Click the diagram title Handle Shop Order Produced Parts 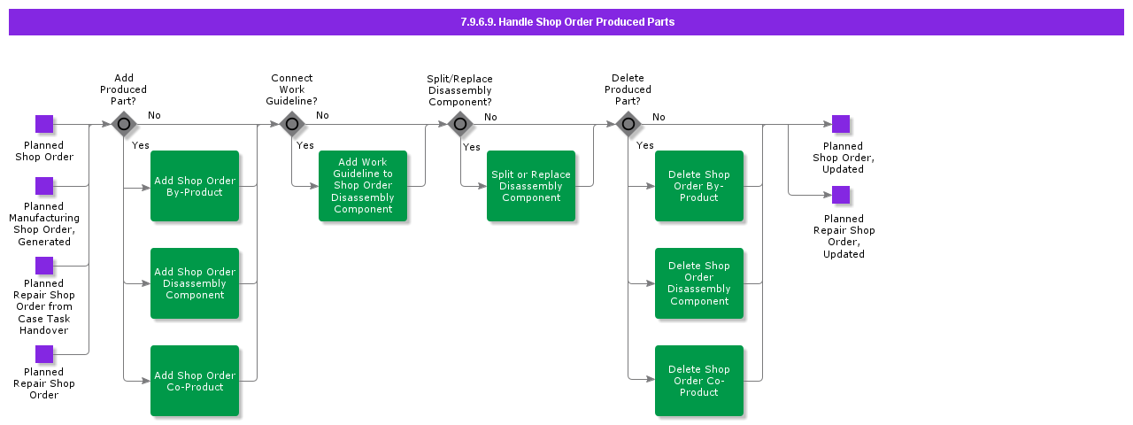[x=566, y=22]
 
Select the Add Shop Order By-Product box [x=195, y=186]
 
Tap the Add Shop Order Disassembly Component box [x=195, y=283]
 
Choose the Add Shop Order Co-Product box [x=195, y=381]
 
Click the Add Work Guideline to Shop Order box [x=363, y=186]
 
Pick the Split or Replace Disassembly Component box [x=531, y=186]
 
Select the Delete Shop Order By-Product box [x=699, y=186]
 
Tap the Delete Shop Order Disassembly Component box [x=699, y=283]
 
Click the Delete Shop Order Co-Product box [x=699, y=381]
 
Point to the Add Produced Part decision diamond [x=124, y=124]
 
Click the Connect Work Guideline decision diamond [x=292, y=124]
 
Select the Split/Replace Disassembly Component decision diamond [x=460, y=124]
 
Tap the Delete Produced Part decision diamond [x=628, y=124]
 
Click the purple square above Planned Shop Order [x=44, y=124]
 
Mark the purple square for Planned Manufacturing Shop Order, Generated [x=44, y=186]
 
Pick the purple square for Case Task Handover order [x=44, y=266]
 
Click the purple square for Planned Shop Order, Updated [x=841, y=124]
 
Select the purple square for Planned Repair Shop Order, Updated [x=841, y=195]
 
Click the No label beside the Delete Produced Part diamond [x=659, y=117]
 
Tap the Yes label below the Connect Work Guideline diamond [x=305, y=145]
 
